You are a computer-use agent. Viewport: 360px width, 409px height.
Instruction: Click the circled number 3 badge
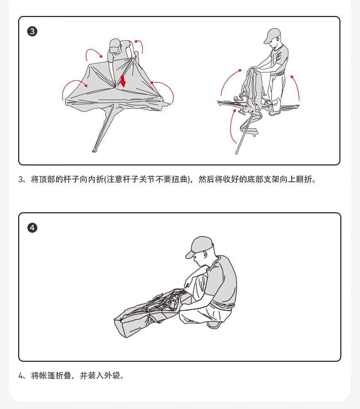[x=32, y=31]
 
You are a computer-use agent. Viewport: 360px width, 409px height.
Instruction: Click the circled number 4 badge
[x=32, y=228]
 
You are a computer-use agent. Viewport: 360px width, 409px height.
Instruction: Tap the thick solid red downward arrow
[x=123, y=81]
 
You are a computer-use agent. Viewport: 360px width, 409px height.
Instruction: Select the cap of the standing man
[x=272, y=35]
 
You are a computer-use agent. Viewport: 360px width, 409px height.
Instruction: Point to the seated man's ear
[x=205, y=255]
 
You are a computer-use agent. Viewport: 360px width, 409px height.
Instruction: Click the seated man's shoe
[x=215, y=325]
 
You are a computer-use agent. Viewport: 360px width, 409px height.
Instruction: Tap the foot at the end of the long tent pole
[x=94, y=150]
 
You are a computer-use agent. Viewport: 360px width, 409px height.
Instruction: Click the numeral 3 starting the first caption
[x=21, y=180]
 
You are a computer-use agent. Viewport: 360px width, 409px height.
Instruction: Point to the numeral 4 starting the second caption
[x=21, y=376]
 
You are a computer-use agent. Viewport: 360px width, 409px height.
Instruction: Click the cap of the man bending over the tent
[x=114, y=45]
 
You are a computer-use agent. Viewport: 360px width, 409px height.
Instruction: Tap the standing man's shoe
[x=274, y=113]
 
